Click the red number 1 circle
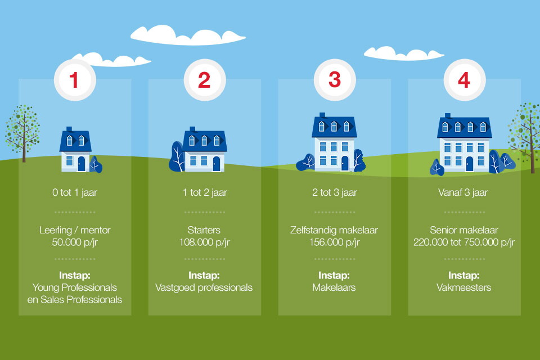74,80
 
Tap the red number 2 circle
204,80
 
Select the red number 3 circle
335,80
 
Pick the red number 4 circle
464,80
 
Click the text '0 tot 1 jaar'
75,192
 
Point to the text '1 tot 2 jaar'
205,192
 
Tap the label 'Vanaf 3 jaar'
464,192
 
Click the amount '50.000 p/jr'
75,242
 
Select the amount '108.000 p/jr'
205,242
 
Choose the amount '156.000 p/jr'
335,242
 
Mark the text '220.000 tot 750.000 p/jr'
464,242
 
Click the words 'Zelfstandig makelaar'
335,230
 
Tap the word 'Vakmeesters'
464,287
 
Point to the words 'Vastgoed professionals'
204,287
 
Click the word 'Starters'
204,230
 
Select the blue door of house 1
81,164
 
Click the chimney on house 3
322,115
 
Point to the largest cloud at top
188,35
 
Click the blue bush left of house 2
177,157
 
